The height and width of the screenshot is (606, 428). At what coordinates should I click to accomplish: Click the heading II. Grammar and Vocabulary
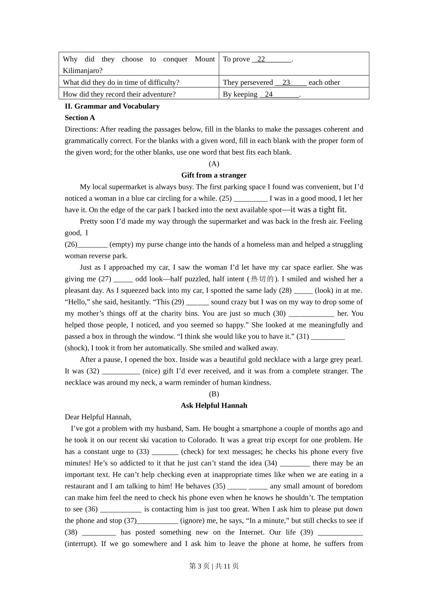pos(112,106)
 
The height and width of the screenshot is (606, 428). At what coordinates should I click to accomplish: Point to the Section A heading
pos(80,118)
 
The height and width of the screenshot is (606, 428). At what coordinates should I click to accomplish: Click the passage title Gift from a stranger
pos(214,175)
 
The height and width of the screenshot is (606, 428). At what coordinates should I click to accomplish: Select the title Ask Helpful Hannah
pos(214,406)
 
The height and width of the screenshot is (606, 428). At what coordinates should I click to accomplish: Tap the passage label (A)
pos(214,164)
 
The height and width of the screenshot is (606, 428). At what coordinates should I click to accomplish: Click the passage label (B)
pos(214,394)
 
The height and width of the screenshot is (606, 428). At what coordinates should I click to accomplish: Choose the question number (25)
pos(225,198)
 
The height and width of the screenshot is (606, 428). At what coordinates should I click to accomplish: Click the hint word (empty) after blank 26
pos(121,244)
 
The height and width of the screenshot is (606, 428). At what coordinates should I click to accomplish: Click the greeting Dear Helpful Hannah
pos(98,417)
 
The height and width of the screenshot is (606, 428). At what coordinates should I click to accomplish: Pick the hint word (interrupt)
pos(81,544)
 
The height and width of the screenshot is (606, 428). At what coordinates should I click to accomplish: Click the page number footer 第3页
pos(200,566)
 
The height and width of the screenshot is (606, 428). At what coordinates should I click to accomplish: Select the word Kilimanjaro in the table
pos(82,71)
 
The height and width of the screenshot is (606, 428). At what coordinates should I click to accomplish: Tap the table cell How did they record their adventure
pos(119,94)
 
